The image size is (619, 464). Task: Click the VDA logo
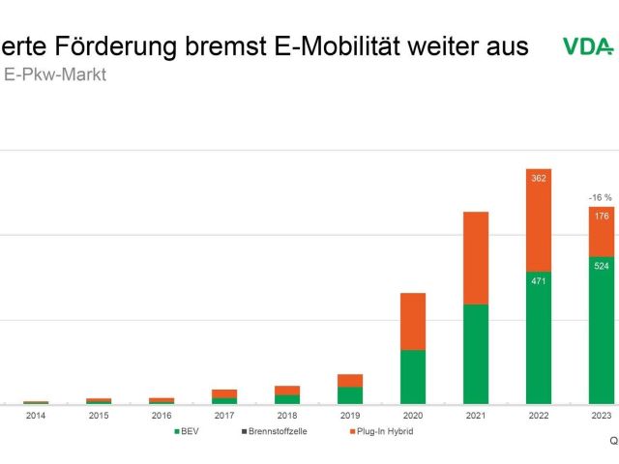pos(586,46)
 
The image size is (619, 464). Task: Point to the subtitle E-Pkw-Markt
pos(55,75)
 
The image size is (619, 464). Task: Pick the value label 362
pos(539,178)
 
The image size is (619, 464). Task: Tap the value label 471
pos(539,281)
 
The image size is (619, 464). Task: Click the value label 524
pos(602,266)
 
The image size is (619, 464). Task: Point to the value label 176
pos(602,216)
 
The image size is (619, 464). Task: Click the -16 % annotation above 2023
pos(601,197)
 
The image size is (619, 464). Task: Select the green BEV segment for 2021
pos(476,354)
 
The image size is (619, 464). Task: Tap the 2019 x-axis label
pos(349,416)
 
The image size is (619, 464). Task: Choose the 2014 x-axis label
pos(36,416)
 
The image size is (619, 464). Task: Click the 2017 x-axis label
pos(224,416)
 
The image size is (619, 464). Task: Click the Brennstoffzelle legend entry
pos(273,431)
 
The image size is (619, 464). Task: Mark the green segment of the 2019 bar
pos(350,395)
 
